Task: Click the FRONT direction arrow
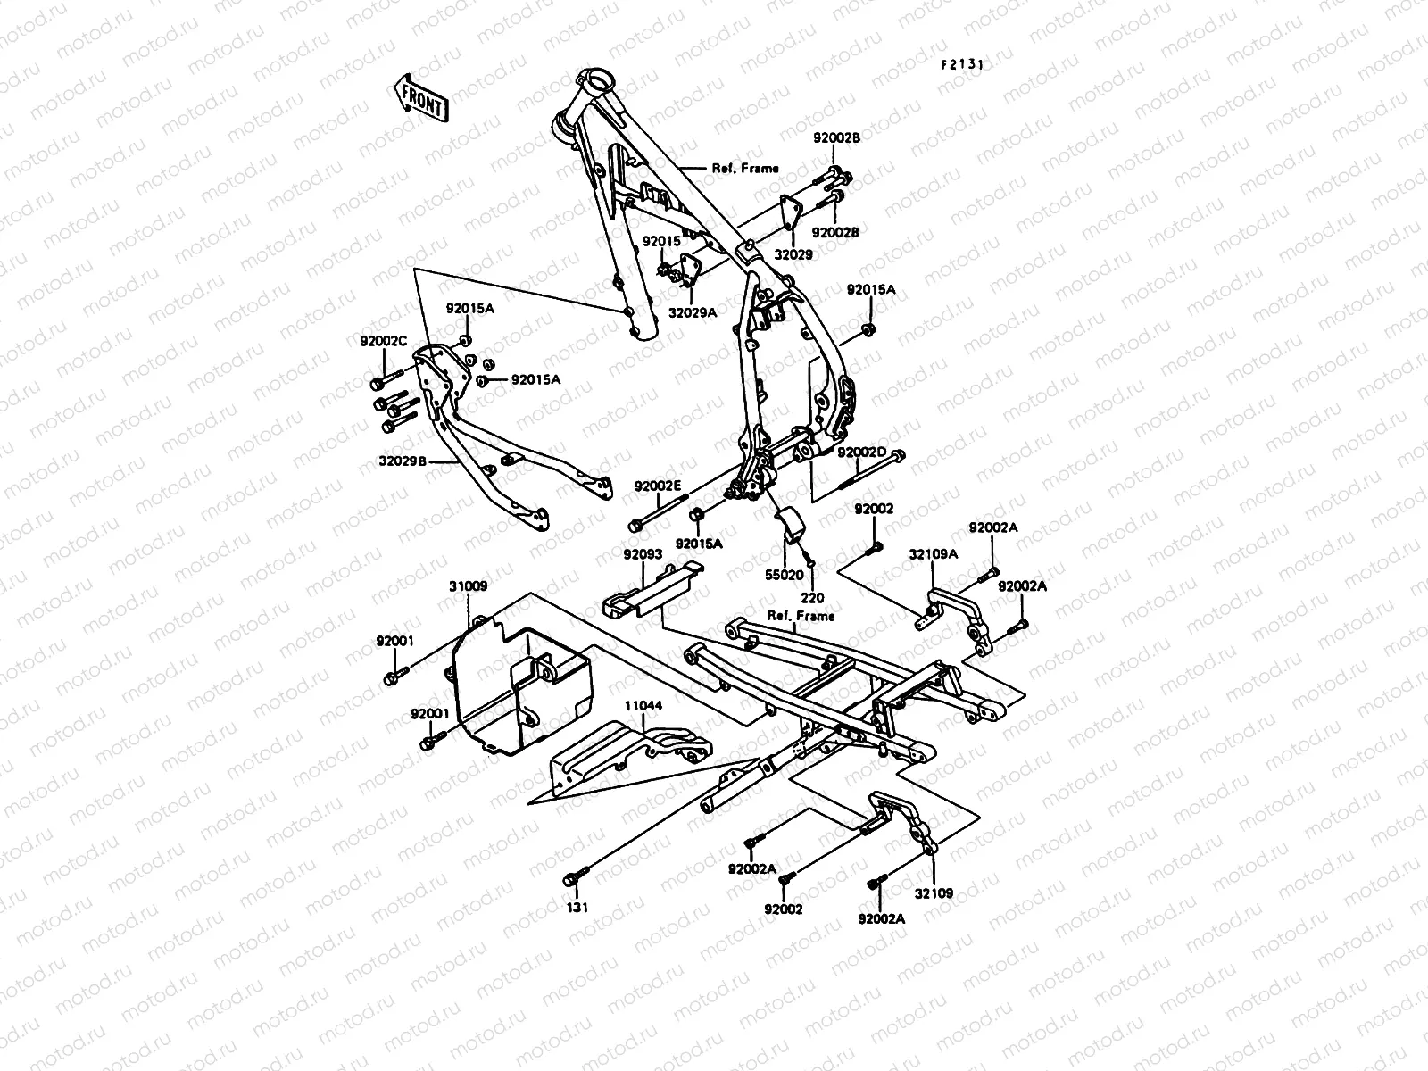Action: coord(421,98)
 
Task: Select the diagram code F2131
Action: coord(962,64)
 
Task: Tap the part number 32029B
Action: coord(403,461)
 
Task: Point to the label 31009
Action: coord(468,585)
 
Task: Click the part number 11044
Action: coord(643,706)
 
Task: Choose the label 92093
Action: coord(643,554)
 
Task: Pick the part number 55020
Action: coord(784,575)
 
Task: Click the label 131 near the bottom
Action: coord(577,907)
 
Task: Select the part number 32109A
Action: coord(934,554)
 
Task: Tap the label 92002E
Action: coord(658,486)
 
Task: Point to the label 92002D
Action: coord(862,452)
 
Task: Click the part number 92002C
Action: coord(383,341)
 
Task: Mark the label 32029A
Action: coord(693,312)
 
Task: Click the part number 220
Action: coord(812,598)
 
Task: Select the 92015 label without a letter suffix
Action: coord(661,241)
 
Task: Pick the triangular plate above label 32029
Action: coord(791,212)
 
